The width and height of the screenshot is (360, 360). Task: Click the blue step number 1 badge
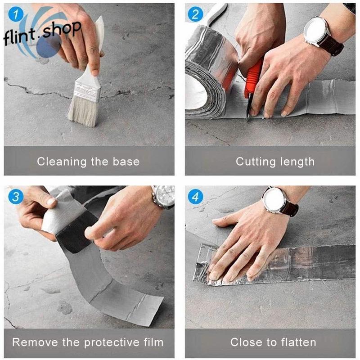coord(16,14)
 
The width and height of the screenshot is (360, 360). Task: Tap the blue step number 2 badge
coord(195,14)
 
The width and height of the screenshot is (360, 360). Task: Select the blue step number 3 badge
coord(16,197)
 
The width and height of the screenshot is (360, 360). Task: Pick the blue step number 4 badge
coord(195,197)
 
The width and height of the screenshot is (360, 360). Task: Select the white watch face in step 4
coord(274,200)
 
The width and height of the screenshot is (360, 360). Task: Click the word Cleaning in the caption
coord(62,162)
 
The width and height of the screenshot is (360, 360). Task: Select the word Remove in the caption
coord(35,342)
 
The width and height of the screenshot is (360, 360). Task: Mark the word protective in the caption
coord(112,343)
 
